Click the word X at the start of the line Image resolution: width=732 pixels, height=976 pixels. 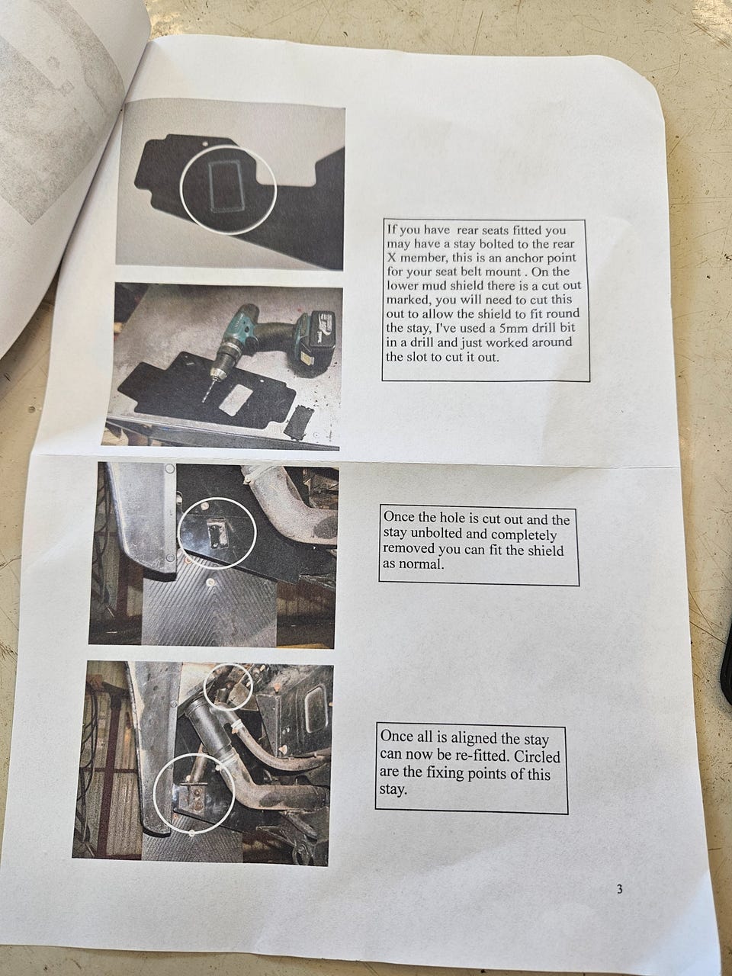pyautogui.click(x=392, y=258)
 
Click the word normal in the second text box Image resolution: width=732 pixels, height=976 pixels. pyautogui.click(x=422, y=565)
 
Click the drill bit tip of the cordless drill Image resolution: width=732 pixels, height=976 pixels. pyautogui.click(x=204, y=400)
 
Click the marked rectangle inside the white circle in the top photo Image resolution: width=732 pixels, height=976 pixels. pyautogui.click(x=225, y=188)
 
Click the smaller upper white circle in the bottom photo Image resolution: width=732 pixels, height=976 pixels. pyautogui.click(x=227, y=688)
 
